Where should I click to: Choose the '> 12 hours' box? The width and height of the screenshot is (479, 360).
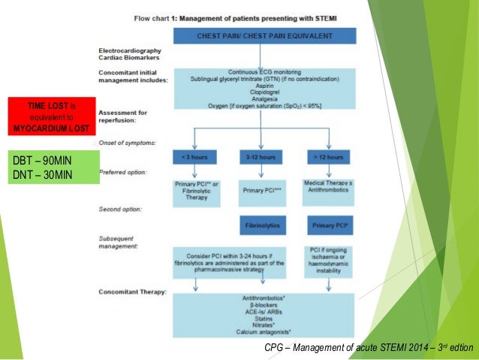point(327,157)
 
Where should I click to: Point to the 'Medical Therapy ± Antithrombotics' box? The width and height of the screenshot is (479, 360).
point(327,187)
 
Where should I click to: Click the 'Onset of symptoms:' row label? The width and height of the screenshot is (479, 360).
point(126,141)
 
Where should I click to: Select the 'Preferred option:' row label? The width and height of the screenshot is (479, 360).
point(123,171)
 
